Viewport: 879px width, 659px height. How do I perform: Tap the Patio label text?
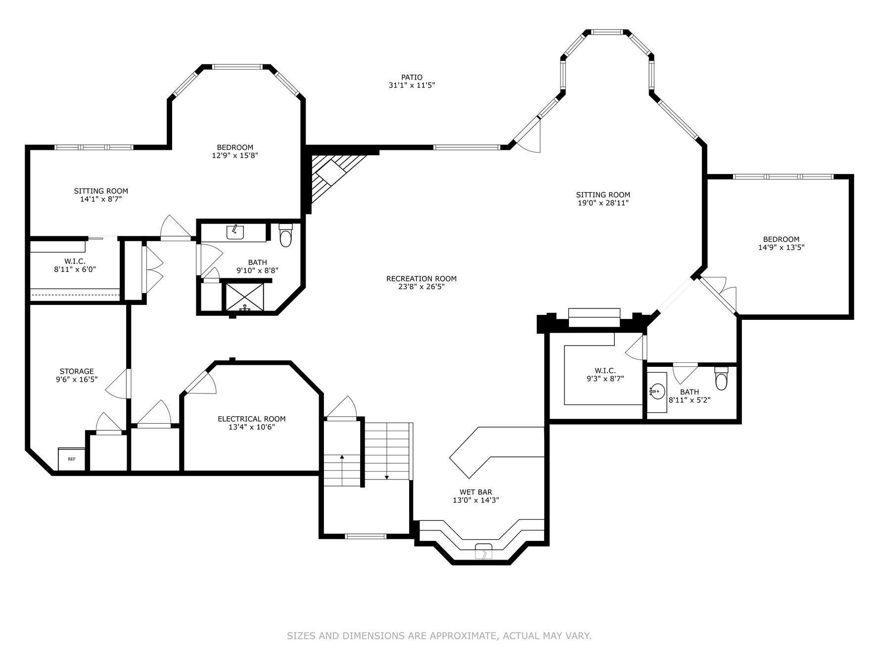(x=412, y=77)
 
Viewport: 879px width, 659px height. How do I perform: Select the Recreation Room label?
(x=421, y=279)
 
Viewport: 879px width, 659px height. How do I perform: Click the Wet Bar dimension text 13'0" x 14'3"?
(x=475, y=500)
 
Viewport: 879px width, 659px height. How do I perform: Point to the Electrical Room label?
(x=251, y=419)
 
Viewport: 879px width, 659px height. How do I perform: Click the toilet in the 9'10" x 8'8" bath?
(x=285, y=236)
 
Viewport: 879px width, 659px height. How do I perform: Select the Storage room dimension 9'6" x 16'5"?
(x=77, y=380)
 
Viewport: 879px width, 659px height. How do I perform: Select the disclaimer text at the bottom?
(x=439, y=636)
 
